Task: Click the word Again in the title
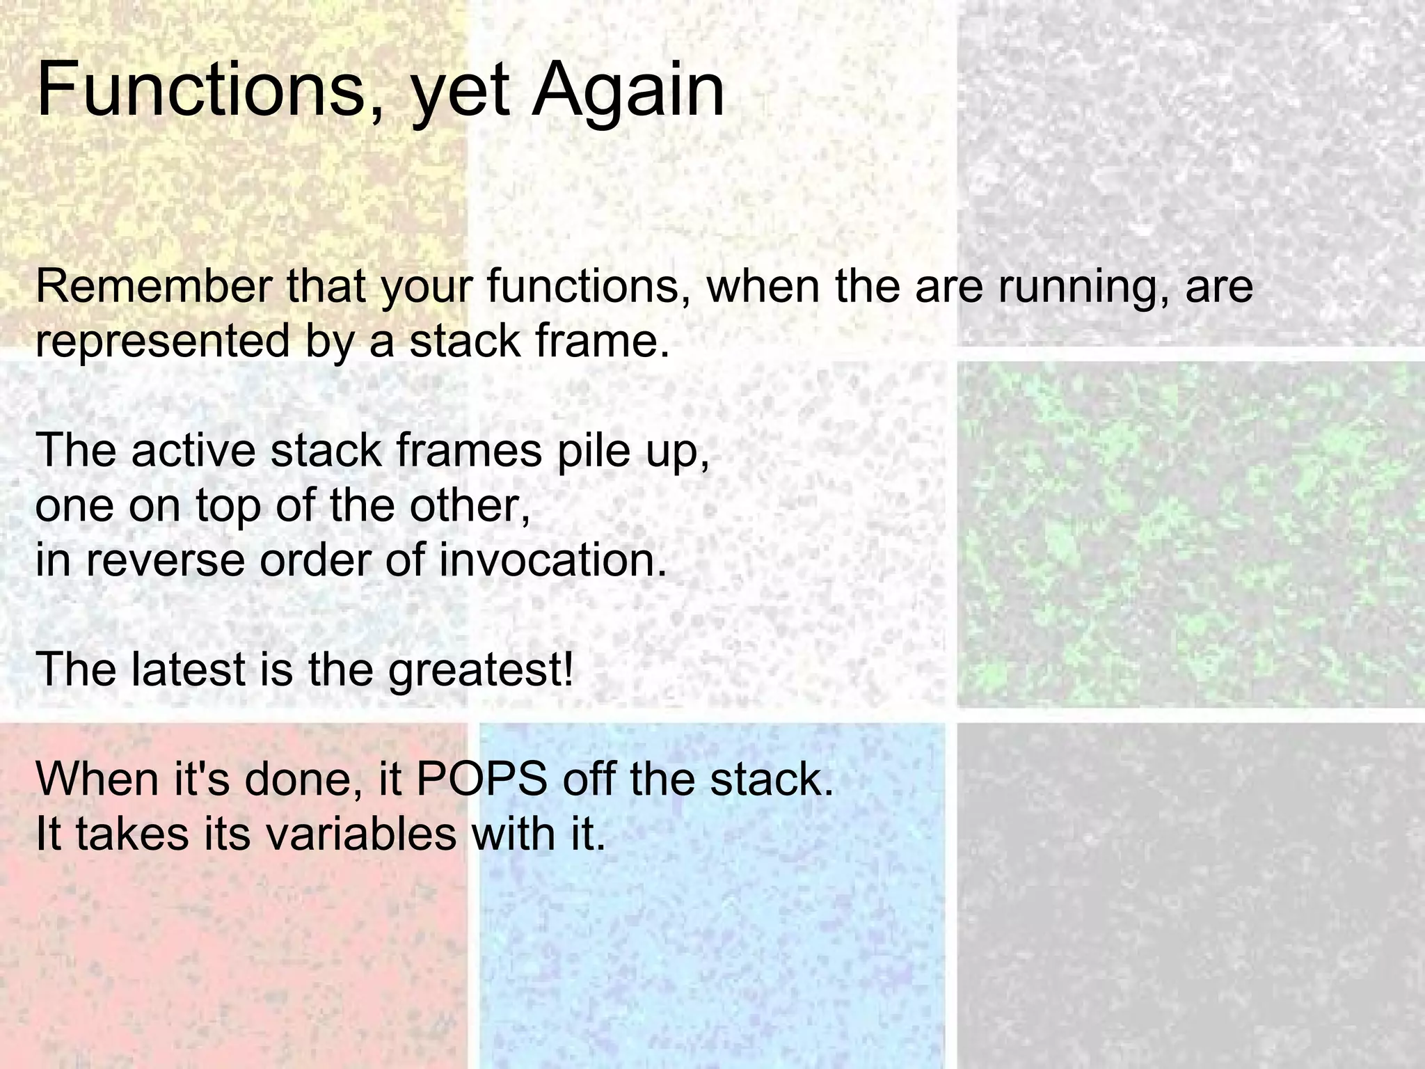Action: click(628, 90)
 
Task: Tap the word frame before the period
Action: click(595, 341)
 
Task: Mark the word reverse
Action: click(165, 561)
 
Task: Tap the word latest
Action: click(187, 669)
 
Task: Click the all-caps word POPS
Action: click(481, 779)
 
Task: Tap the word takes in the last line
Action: click(132, 833)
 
